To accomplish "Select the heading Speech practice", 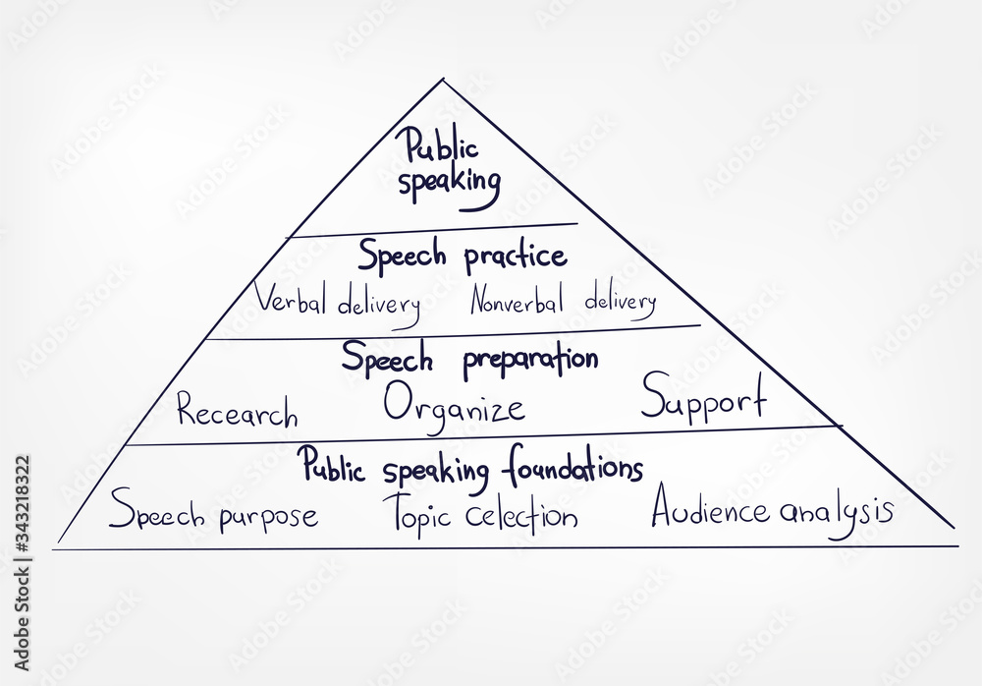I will (462, 257).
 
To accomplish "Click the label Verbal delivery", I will (337, 301).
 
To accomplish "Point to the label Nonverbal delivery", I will (562, 301).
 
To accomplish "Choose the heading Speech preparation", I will (469, 360).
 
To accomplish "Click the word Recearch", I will (237, 412).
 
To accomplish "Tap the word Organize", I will (454, 405).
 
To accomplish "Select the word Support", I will (703, 401).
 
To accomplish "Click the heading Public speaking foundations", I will (471, 466).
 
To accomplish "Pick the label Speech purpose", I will (213, 513).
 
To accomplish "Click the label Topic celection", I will (479, 514).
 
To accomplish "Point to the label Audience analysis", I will (772, 511).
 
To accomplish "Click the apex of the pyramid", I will (443, 80).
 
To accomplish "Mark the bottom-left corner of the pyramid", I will (58, 543).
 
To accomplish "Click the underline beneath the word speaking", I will (469, 207).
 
